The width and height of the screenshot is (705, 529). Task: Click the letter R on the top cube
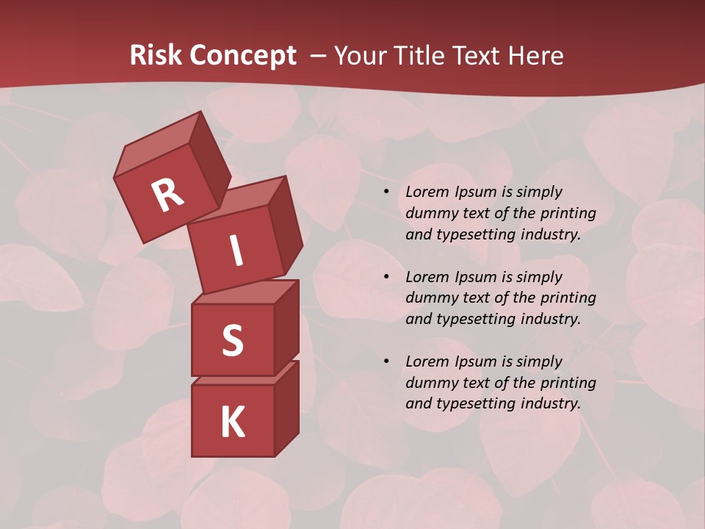coord(167,195)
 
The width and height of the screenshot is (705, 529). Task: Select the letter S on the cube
coord(232,340)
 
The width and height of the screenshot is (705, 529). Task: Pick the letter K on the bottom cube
coord(232,422)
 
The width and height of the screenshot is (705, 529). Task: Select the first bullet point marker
coord(386,192)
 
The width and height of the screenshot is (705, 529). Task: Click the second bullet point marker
coord(386,278)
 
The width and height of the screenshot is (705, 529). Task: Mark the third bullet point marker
coord(386,362)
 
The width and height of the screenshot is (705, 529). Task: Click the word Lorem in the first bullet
coord(427,192)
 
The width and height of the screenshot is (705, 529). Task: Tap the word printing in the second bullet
coord(568,298)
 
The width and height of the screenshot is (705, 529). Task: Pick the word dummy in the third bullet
coord(430,383)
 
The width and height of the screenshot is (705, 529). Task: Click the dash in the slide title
coord(318,56)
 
